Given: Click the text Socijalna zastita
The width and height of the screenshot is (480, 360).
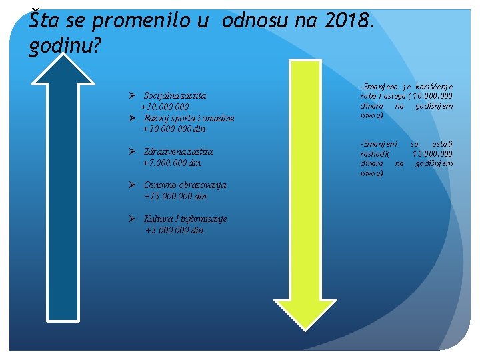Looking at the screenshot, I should click(179, 96).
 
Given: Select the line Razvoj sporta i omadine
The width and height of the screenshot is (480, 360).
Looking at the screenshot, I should click(189, 119).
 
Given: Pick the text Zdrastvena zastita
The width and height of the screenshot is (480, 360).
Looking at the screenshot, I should click(179, 152).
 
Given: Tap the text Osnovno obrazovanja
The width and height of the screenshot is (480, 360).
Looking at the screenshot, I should click(185, 185).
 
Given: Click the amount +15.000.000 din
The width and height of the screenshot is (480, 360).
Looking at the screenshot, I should click(175, 197).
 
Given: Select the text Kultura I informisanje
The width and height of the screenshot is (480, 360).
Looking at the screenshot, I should click(185, 219).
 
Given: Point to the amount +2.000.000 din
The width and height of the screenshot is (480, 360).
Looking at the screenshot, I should click(175, 231).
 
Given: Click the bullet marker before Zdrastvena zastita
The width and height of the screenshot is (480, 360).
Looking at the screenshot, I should click(133, 152).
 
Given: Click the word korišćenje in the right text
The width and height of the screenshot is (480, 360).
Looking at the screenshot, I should click(434, 87).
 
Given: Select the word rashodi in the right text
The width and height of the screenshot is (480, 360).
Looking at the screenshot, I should click(373, 154).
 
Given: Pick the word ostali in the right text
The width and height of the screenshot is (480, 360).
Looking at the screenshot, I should click(441, 144).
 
